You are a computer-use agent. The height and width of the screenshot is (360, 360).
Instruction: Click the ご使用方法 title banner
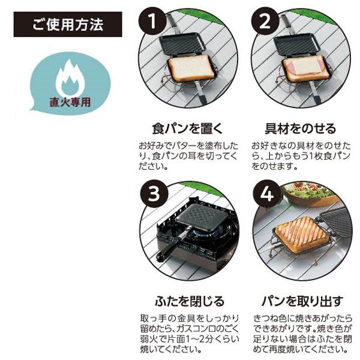[68, 25]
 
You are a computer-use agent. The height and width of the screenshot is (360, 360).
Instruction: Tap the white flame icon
[70, 79]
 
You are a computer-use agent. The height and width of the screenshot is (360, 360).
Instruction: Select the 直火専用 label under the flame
[70, 102]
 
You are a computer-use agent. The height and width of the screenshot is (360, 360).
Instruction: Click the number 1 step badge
[152, 22]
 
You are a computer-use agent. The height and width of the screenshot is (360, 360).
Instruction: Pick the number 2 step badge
[265, 22]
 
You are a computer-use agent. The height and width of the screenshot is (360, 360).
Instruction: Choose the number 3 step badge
[154, 194]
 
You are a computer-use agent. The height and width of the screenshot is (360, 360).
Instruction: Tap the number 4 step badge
[267, 194]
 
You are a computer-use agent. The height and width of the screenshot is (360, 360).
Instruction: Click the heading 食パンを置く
[188, 128]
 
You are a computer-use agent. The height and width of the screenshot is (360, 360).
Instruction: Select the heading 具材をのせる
[301, 128]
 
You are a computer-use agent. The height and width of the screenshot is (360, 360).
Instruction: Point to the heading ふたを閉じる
[190, 301]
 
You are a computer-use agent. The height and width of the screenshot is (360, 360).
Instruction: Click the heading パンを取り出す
[302, 301]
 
